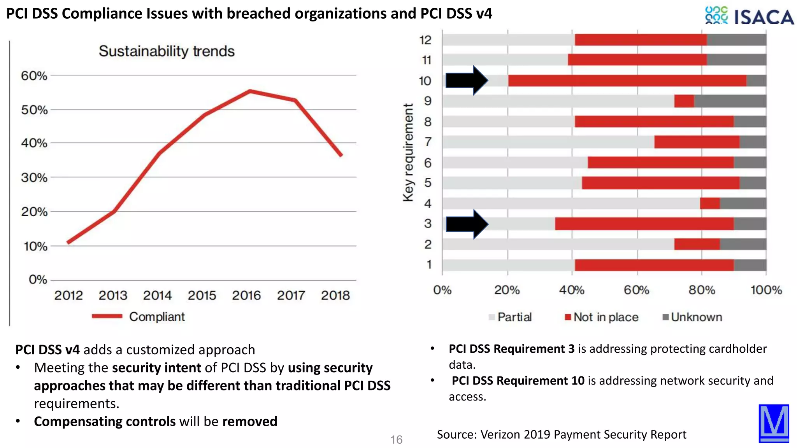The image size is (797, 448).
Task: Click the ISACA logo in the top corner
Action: click(x=749, y=16)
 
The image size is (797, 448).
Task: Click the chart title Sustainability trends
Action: click(x=167, y=51)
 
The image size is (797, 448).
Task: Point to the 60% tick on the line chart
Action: click(x=34, y=76)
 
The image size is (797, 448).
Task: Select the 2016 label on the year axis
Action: click(x=246, y=296)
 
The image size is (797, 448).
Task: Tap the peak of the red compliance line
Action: click(x=250, y=91)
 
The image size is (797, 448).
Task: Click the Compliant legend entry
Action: click(x=157, y=317)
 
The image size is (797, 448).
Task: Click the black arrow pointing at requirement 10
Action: click(x=466, y=80)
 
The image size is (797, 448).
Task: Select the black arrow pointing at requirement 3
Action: click(x=466, y=224)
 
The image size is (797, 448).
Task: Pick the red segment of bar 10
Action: click(x=627, y=81)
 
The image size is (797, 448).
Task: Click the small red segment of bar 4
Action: click(x=709, y=203)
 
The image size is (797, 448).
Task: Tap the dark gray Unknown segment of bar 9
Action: click(x=730, y=101)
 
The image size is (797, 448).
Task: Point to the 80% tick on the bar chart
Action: click(x=702, y=290)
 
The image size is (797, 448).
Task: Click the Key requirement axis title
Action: click(x=408, y=152)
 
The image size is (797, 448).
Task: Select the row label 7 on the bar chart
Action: click(x=428, y=142)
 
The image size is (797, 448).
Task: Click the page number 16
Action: click(x=396, y=440)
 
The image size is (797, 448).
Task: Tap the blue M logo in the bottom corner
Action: click(x=774, y=423)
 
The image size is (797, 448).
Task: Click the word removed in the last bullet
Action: click(x=249, y=422)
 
